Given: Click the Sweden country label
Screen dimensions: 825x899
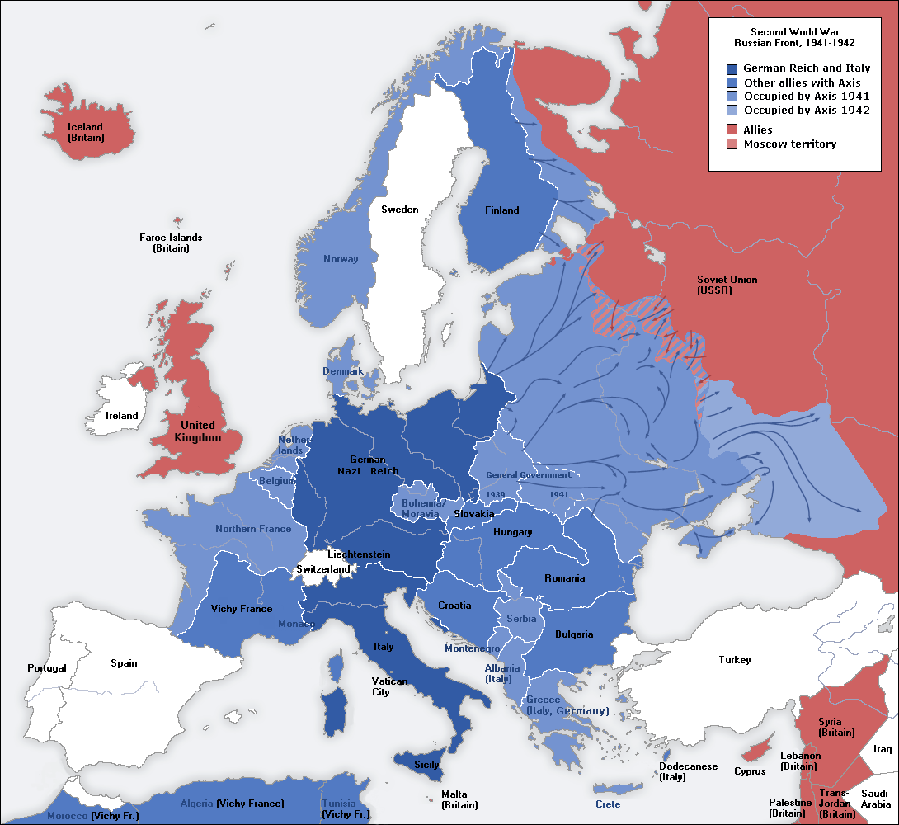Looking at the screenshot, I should click(399, 210).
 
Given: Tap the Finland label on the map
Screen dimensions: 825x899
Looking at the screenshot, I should click(501, 210).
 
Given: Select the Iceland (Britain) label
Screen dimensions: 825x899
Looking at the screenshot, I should click(86, 132).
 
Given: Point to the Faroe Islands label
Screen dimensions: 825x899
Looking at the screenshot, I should click(171, 243).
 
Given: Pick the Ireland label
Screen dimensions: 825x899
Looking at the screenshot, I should click(122, 416).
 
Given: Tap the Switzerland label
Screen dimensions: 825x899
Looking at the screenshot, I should click(323, 569).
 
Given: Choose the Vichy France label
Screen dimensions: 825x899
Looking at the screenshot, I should click(242, 609).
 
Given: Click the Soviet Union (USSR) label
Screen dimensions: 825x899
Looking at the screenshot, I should click(727, 285).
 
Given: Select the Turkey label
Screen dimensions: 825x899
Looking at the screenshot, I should click(734, 660).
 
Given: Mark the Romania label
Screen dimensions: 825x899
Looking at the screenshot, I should click(564, 578).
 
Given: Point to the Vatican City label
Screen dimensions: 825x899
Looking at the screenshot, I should click(389, 686).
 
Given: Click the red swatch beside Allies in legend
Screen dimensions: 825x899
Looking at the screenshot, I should click(732, 130).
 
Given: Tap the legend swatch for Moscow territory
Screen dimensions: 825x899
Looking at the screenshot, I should click(732, 144).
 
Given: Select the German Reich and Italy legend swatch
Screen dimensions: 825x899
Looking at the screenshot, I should click(732, 69).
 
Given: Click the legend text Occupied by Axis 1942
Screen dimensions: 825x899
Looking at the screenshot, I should click(806, 110).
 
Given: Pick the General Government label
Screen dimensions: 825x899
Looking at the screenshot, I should click(528, 475).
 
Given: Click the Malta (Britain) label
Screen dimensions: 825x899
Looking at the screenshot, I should click(459, 799).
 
